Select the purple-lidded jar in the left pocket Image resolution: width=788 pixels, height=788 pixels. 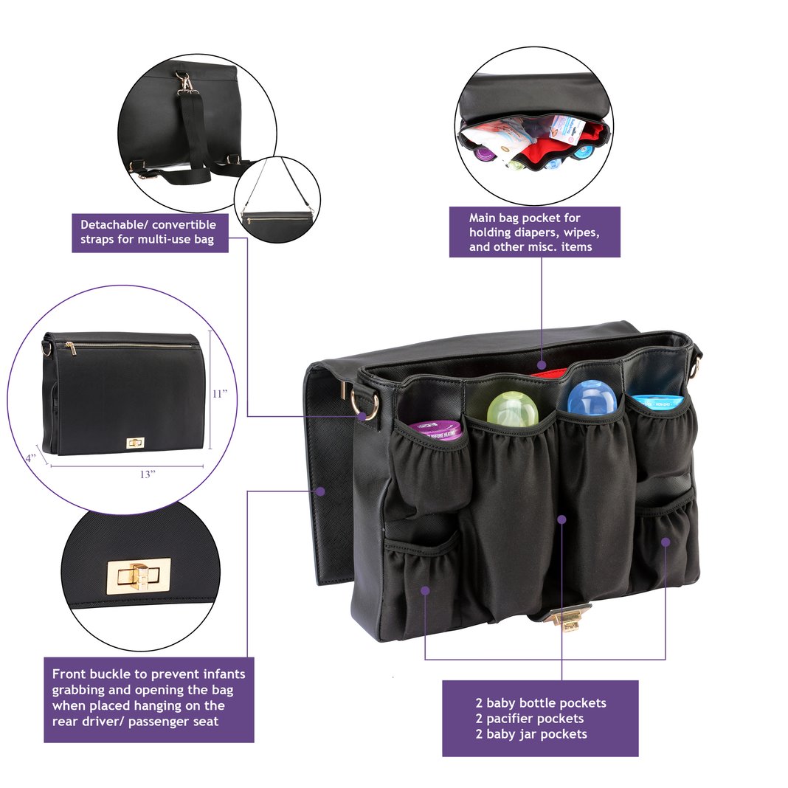click(x=435, y=429)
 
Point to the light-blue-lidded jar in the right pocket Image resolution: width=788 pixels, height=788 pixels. click(x=657, y=403)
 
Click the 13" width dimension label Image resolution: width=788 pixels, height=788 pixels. click(x=148, y=474)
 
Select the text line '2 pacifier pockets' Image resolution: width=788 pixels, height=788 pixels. click(x=529, y=719)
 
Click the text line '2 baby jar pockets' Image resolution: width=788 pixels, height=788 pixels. click(x=531, y=734)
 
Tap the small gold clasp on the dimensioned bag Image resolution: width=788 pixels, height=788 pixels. click(x=135, y=443)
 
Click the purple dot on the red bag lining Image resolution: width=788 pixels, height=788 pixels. click(x=542, y=364)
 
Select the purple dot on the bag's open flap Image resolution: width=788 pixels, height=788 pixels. click(x=320, y=490)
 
